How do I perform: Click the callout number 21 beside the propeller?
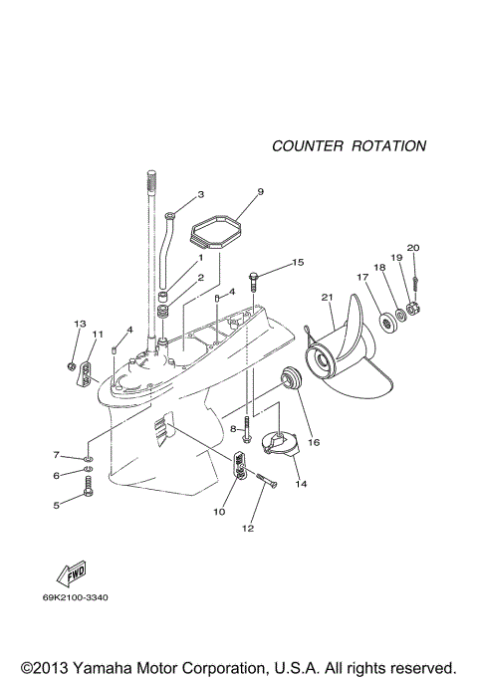[326, 296]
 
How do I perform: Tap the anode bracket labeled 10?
[239, 465]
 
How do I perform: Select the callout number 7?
[57, 454]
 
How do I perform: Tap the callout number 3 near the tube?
[200, 194]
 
